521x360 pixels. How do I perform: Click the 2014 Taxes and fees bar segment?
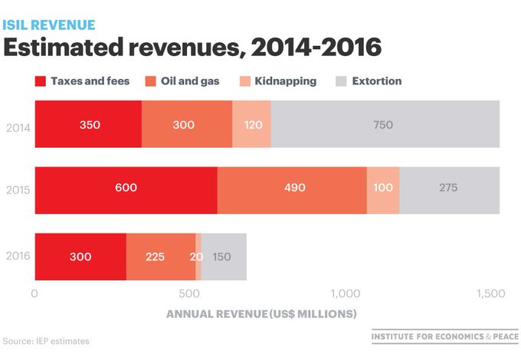click(x=88, y=124)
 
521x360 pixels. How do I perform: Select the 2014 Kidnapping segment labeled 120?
click(x=251, y=124)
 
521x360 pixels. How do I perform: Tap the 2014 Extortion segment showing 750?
click(x=385, y=124)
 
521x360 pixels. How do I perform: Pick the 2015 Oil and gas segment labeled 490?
click(x=292, y=190)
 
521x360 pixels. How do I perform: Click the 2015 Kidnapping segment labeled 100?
click(x=383, y=190)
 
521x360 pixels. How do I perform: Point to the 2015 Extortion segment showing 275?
click(x=449, y=190)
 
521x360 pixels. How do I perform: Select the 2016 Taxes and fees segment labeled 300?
click(x=80, y=257)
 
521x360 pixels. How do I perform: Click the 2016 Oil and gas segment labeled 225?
click(x=161, y=257)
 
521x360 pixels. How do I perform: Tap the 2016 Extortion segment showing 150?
click(x=224, y=257)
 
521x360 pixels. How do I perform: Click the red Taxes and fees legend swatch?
click(x=40, y=81)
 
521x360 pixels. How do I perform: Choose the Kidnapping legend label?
click(x=286, y=81)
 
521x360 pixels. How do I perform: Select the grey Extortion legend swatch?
click(x=341, y=81)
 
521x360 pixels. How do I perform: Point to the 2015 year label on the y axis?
click(x=18, y=190)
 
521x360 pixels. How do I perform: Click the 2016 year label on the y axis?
click(x=18, y=256)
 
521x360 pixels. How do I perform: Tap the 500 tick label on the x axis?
click(x=189, y=293)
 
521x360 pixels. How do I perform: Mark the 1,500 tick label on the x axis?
click(x=491, y=293)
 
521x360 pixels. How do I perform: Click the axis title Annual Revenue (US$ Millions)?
click(x=261, y=314)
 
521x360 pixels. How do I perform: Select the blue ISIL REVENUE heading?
click(x=49, y=25)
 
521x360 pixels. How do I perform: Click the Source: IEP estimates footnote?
click(x=46, y=341)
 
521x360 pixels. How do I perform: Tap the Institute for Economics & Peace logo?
click(x=445, y=336)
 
